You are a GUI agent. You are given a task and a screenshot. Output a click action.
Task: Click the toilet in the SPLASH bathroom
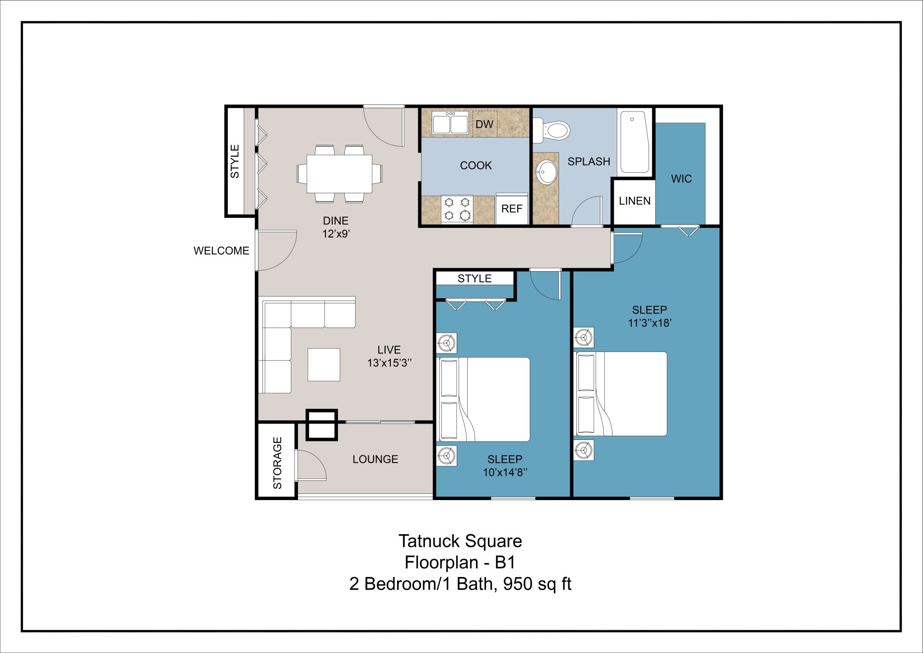pos(554,130)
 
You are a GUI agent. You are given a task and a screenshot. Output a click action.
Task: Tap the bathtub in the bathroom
pos(635,142)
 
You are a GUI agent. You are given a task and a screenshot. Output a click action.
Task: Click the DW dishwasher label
pos(484,124)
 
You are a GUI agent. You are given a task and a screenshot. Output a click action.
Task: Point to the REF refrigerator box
pos(511,209)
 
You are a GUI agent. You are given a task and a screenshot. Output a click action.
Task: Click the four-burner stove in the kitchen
pos(457,209)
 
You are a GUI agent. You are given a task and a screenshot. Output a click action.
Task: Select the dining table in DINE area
pos(339,174)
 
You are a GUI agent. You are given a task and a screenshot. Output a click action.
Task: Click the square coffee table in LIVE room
pos(324,364)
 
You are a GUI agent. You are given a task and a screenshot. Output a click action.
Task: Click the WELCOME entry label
pos(221,251)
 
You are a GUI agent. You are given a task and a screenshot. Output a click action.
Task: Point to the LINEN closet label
pos(635,201)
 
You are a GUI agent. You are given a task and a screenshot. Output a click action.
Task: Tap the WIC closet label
pos(681,179)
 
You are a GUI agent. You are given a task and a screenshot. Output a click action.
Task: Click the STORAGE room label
pos(277,463)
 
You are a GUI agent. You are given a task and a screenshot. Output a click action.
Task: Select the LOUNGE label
pos(375,459)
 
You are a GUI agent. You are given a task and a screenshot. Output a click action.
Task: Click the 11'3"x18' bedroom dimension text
pos(649,323)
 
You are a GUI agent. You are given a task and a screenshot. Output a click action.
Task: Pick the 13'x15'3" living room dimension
pos(389,363)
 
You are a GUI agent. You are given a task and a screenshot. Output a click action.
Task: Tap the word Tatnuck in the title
pos(428,541)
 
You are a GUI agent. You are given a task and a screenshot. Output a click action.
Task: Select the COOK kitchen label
pos(475,165)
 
